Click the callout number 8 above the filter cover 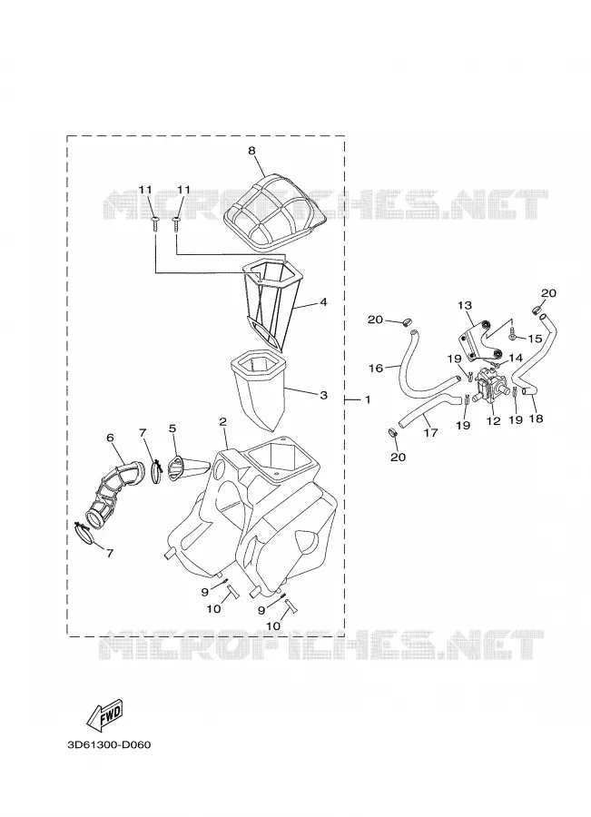click(x=251, y=151)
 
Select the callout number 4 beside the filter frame click(x=323, y=301)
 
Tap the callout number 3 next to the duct click(x=323, y=395)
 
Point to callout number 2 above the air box click(x=222, y=421)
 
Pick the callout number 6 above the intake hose click(x=111, y=438)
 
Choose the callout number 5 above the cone click(x=172, y=428)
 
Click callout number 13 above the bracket click(x=465, y=305)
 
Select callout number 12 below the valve click(x=493, y=421)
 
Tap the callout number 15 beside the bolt click(x=535, y=340)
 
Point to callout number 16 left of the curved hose click(x=375, y=369)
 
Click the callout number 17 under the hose click(x=430, y=432)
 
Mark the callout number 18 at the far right click(x=536, y=418)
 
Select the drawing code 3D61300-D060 click(x=109, y=759)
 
